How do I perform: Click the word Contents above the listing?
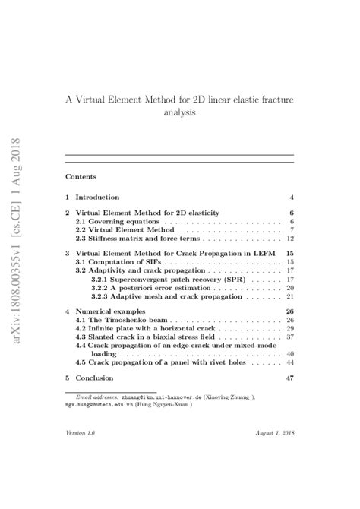[x=81, y=176]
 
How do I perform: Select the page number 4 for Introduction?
[x=291, y=197]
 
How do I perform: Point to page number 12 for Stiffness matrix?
[x=289, y=239]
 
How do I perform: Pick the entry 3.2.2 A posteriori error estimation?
[x=160, y=288]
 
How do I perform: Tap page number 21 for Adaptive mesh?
[x=289, y=297]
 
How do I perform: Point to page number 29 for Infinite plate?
[x=289, y=329]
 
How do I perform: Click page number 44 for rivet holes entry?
[x=289, y=362]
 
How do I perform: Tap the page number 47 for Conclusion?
[x=289, y=378]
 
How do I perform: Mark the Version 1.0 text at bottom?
[x=81, y=453]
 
